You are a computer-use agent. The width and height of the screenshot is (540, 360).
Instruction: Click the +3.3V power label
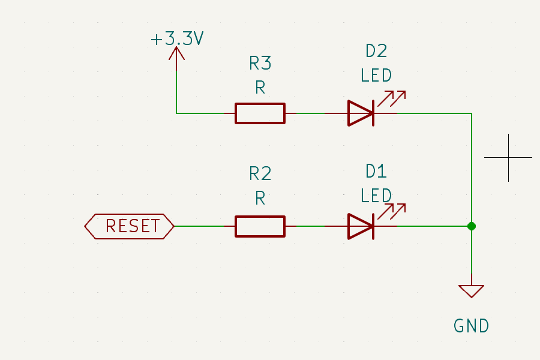pos(177,40)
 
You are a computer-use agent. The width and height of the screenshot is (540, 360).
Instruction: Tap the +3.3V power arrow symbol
pos(176,55)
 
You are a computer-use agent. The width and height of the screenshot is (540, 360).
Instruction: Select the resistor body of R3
pos(260,113)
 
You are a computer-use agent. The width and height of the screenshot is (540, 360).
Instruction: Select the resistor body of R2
pos(260,226)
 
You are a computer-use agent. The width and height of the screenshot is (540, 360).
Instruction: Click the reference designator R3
pos(260,63)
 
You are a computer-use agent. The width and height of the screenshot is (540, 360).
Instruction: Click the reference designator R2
pos(260,174)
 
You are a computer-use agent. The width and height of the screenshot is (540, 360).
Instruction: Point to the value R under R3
pos(260,88)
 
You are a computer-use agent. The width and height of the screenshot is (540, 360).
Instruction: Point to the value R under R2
pos(260,199)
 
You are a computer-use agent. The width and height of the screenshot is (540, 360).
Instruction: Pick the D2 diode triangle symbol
pos(361,113)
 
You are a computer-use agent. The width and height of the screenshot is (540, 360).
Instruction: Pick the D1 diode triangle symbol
pos(361,226)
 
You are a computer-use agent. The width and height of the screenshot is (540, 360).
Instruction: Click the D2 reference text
pos(376,51)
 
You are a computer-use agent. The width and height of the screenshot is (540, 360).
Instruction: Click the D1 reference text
pos(376,172)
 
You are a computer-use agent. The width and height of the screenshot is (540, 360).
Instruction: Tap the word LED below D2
pos(376,76)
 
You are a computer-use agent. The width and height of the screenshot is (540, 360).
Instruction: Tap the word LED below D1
pos(376,196)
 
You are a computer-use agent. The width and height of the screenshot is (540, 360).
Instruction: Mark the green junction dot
pos(472,226)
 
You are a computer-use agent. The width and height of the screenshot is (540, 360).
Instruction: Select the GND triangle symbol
pos(472,291)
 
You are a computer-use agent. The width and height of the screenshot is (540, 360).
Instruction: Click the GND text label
pos(472,326)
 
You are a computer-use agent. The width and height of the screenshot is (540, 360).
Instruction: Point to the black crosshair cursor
pos(508,157)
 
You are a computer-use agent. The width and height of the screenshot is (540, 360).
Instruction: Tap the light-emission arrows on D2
pos(394,97)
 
